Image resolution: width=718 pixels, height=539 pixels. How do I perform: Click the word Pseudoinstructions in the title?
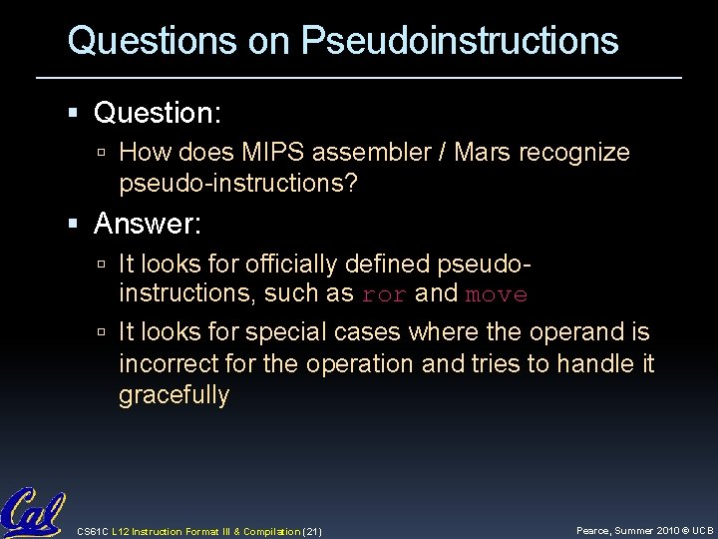coord(460,41)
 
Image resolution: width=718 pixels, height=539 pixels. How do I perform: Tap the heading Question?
coord(158,113)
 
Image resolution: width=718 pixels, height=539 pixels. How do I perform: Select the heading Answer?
coord(148,225)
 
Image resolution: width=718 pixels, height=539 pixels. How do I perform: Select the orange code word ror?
coord(384,294)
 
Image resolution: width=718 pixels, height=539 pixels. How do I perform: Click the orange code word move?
coord(498,294)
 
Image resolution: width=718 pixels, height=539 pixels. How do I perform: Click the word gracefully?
coord(174,394)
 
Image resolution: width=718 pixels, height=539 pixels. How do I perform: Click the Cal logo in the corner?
coord(33,513)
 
